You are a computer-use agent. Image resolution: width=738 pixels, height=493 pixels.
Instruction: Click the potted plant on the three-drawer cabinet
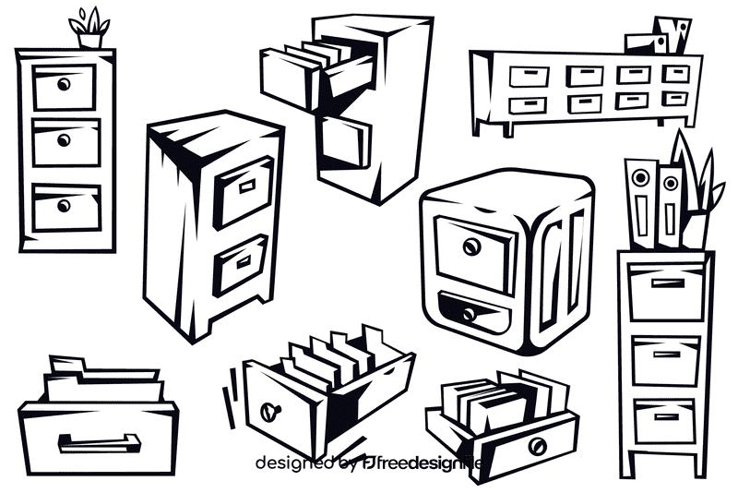coord(90,30)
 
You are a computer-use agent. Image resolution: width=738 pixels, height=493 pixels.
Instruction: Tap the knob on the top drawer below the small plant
coord(64,85)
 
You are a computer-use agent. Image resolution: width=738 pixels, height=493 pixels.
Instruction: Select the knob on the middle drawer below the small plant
coord(64,139)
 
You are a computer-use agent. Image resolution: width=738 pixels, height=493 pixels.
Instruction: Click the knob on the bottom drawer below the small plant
coord(64,205)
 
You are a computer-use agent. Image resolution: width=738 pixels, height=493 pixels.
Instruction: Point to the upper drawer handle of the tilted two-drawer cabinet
coord(247,186)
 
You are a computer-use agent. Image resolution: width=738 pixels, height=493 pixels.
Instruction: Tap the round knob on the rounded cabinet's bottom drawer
coord(469,315)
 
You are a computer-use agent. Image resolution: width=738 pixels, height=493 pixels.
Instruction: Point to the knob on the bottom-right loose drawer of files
coord(537,446)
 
